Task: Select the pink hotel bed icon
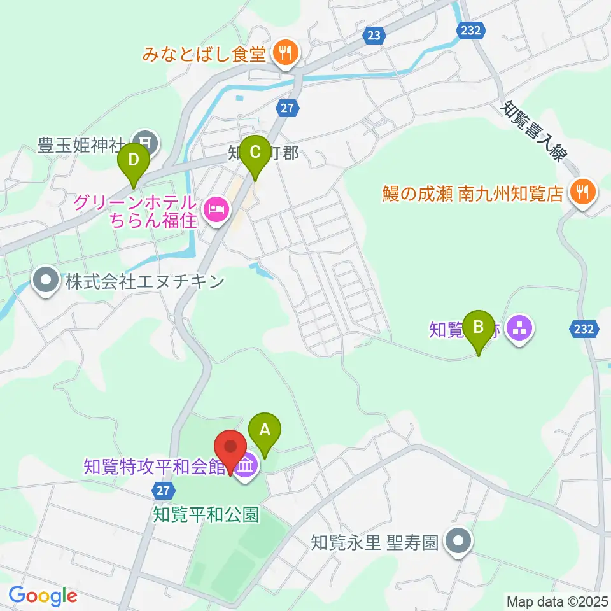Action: point(216,211)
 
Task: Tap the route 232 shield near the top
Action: point(472,31)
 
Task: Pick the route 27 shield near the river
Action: point(288,108)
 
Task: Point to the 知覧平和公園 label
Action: point(206,514)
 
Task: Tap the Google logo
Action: point(43,596)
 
